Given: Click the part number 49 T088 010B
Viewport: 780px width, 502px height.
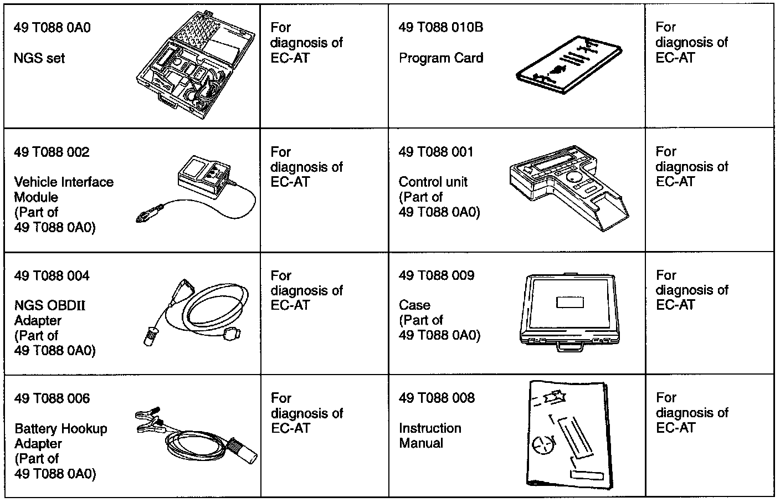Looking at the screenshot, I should click(x=440, y=28).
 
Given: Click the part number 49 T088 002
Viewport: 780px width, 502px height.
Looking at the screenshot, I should click(x=52, y=152).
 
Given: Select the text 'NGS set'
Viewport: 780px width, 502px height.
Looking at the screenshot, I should click(x=39, y=58).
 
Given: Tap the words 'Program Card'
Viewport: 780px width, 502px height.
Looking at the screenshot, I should click(x=440, y=58).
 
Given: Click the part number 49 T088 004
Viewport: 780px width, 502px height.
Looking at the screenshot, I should click(x=52, y=276).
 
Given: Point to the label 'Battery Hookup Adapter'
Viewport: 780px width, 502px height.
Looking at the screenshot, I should click(x=60, y=436).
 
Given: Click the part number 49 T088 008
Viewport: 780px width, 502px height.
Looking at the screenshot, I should click(x=437, y=398).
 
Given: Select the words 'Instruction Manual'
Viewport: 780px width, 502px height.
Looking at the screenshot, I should click(x=430, y=436).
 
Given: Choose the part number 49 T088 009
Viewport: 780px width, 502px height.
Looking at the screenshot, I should click(x=437, y=275).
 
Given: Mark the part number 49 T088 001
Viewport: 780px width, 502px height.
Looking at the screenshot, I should click(x=436, y=152).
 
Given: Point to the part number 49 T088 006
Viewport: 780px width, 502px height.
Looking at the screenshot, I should click(x=52, y=398).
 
